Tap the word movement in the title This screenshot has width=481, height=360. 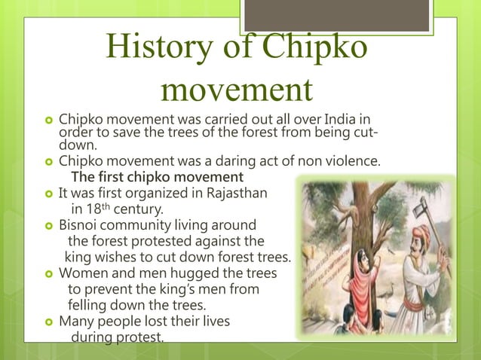(x=237, y=90)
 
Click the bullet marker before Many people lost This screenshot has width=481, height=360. (x=47, y=322)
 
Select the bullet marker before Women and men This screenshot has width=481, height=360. (x=47, y=273)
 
